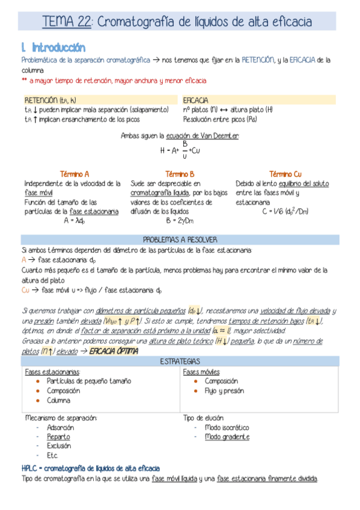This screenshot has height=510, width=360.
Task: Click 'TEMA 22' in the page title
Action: pos(67,23)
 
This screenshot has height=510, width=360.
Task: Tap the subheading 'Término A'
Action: pos(75,173)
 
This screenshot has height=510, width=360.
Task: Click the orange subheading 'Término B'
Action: pos(179,173)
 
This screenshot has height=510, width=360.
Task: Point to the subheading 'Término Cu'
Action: pos(285,173)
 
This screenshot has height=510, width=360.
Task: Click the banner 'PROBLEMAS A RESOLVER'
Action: pos(180,239)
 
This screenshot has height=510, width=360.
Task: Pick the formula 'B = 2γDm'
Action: pos(179,221)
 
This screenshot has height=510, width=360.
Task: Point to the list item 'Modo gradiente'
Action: pos(227,437)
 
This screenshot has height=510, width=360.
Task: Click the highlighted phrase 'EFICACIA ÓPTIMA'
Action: pos(114,351)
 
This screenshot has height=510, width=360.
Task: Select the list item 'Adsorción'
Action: pos(60,428)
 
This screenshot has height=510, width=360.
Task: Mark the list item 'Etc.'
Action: pos(52,456)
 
